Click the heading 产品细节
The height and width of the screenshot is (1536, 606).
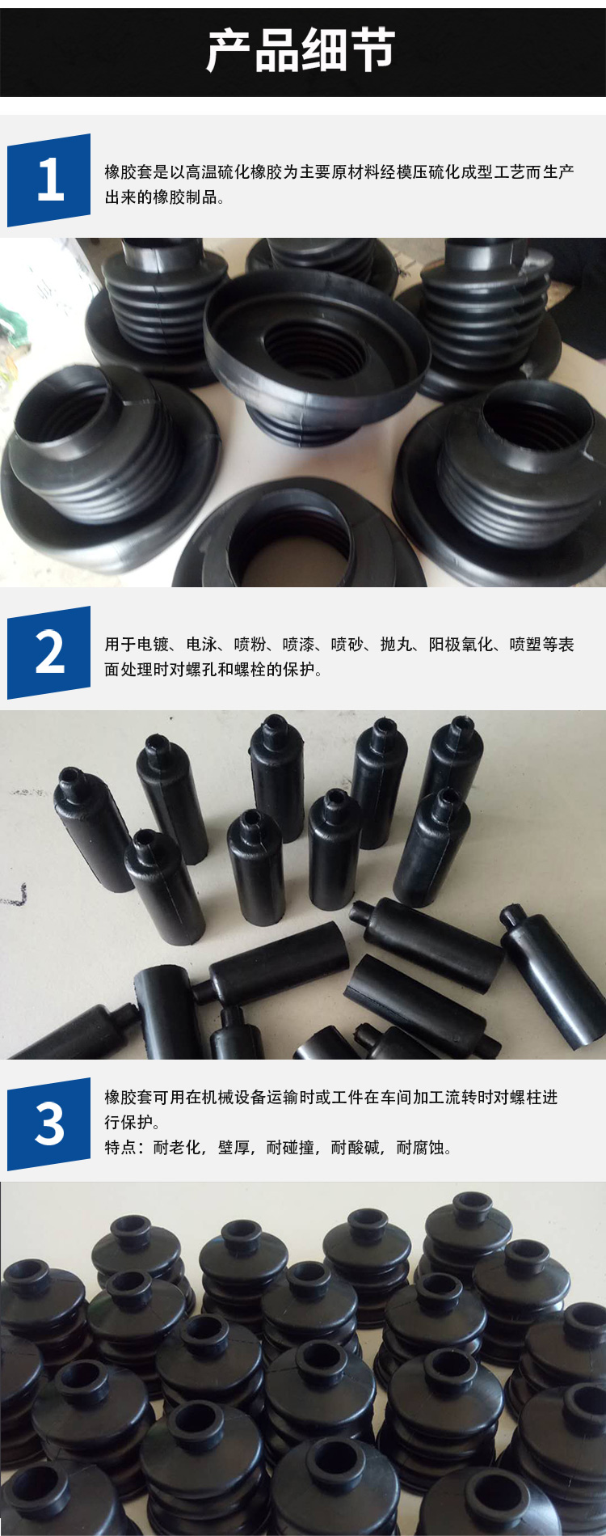[x=301, y=50]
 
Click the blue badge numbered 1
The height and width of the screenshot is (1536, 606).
[x=48, y=180]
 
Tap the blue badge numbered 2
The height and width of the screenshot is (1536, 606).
[x=48, y=652]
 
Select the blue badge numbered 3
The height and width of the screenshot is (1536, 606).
[x=48, y=1123]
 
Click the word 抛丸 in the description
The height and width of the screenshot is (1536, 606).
[x=396, y=644]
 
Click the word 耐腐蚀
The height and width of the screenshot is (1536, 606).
[x=420, y=1147]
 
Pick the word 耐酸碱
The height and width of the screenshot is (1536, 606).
[x=356, y=1147]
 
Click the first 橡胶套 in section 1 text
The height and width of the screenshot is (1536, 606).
[x=128, y=171]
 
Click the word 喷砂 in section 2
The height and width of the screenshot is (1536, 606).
[x=347, y=644]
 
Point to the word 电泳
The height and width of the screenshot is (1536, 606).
[x=202, y=644]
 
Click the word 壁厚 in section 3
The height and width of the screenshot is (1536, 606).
[x=234, y=1147]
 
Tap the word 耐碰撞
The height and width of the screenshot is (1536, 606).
[x=291, y=1147]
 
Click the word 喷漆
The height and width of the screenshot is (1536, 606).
[x=299, y=644]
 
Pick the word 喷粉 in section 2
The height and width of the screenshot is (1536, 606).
[x=250, y=644]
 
